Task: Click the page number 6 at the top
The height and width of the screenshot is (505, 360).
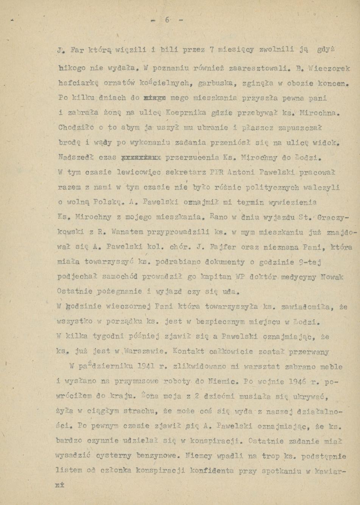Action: click(x=167, y=20)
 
